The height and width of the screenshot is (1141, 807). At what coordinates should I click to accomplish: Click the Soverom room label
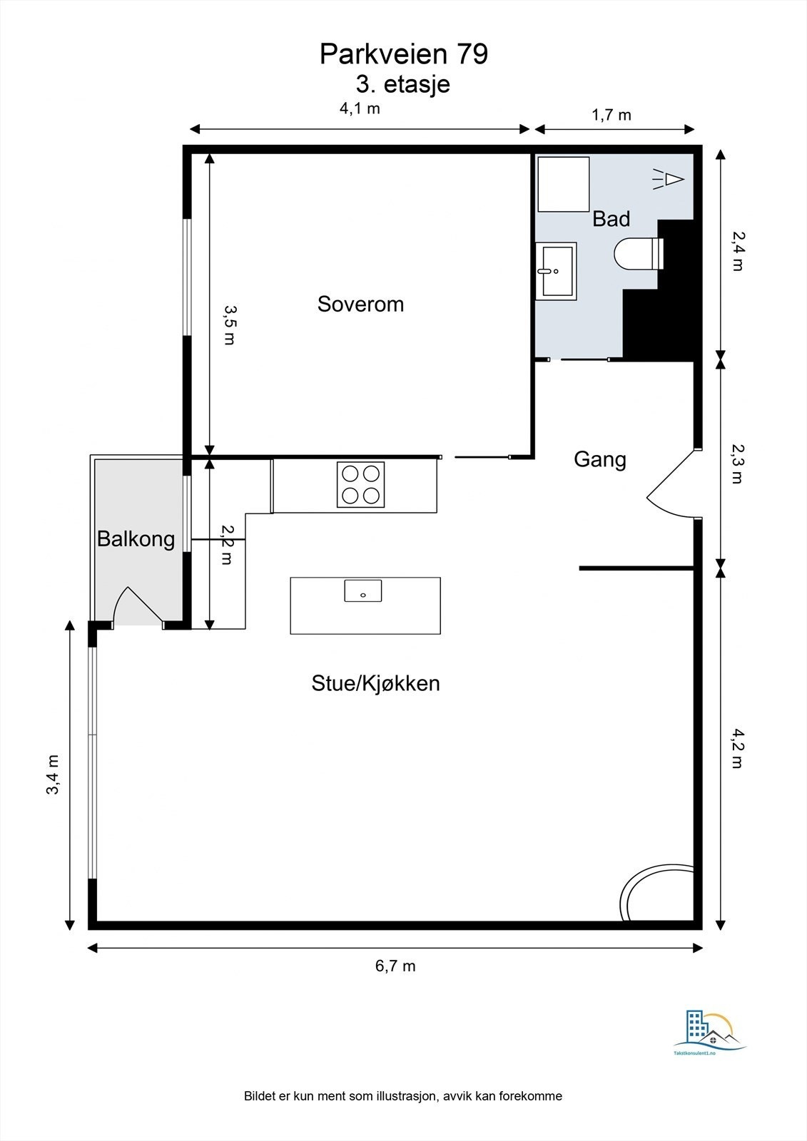pyautogui.click(x=360, y=304)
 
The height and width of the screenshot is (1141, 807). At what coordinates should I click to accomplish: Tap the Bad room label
pyautogui.click(x=611, y=219)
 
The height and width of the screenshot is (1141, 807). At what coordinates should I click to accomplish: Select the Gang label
pyautogui.click(x=600, y=459)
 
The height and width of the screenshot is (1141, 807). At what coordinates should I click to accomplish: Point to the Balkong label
pyautogui.click(x=136, y=539)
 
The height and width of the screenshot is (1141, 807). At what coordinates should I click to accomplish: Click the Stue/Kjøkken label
pyautogui.click(x=376, y=684)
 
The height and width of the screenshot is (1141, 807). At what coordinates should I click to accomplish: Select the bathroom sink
pyautogui.click(x=556, y=271)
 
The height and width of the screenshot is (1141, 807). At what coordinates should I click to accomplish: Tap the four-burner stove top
pyautogui.click(x=360, y=484)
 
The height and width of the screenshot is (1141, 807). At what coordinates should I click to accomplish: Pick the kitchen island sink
pyautogui.click(x=363, y=590)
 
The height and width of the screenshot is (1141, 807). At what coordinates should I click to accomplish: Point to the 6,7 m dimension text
pyautogui.click(x=395, y=966)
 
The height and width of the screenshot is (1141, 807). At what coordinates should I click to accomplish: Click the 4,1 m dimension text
pyautogui.click(x=360, y=108)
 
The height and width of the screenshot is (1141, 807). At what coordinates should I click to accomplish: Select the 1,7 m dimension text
pyautogui.click(x=611, y=115)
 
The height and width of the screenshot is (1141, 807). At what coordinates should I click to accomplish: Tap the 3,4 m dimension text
pyautogui.click(x=53, y=774)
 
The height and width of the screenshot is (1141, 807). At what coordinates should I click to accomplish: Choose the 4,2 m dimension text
pyautogui.click(x=738, y=748)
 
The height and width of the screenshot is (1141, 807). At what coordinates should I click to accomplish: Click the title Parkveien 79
pyautogui.click(x=404, y=54)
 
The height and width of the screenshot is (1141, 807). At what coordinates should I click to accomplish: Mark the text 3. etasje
pyautogui.click(x=403, y=85)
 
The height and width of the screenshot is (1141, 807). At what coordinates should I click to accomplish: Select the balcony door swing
pyautogui.click(x=138, y=606)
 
